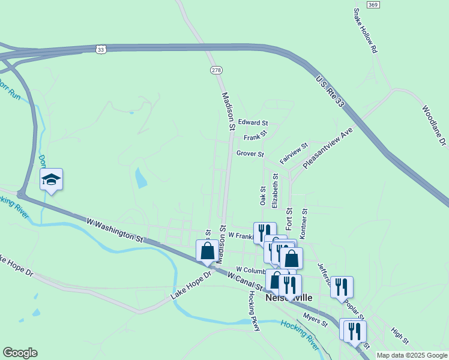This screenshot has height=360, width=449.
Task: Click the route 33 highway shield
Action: pos(101,48)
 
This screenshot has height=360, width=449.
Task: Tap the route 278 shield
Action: pos(217,70)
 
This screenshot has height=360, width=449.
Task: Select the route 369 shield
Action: pos(373,4)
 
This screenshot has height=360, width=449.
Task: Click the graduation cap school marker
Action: pos(52,179)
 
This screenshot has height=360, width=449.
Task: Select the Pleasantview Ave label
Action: pos(327,147)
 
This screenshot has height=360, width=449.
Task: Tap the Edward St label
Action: pos(253,122)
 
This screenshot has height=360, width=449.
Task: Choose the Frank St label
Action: pos(255,137)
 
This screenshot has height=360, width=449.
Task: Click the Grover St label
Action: pos(250,154)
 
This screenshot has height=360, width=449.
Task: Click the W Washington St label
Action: pos(116,230)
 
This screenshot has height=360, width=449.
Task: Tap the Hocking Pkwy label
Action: pos(254,311)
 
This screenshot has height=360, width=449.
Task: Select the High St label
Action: pos(400,336)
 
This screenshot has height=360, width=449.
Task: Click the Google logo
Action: pos(20,353)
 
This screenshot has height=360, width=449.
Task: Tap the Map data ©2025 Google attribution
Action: pos(412,355)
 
